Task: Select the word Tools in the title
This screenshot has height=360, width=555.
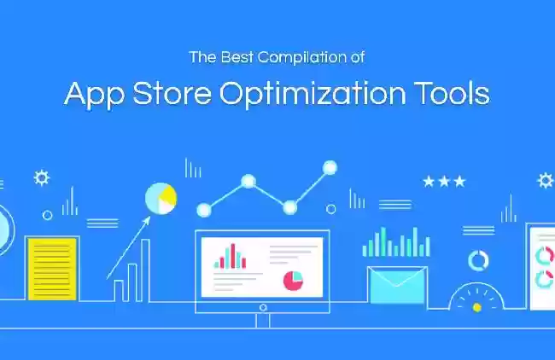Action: coord(453,94)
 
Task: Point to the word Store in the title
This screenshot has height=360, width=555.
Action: coord(172,94)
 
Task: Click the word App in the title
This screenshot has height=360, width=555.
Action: coord(94,95)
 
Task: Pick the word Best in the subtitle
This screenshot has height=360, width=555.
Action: coord(237,57)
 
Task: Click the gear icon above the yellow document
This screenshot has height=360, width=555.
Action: coord(42,178)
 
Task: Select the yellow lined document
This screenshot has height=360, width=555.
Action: coord(52,269)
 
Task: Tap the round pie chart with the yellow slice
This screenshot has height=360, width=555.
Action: coord(161,199)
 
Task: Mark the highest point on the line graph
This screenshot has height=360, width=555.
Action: coord(330,167)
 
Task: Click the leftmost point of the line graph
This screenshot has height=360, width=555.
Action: coord(204,210)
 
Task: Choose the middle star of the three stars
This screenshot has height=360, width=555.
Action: coord(444,182)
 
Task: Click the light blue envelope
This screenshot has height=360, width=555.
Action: coord(397,285)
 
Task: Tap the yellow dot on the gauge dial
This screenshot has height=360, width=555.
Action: coord(476,307)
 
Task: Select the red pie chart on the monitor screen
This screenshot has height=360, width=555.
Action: coord(293,281)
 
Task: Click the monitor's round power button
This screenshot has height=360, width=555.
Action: coord(263,308)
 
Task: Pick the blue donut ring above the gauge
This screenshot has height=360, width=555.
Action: coord(478,261)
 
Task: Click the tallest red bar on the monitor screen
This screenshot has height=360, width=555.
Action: coord(233,256)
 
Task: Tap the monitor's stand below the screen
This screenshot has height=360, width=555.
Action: coord(263,321)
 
